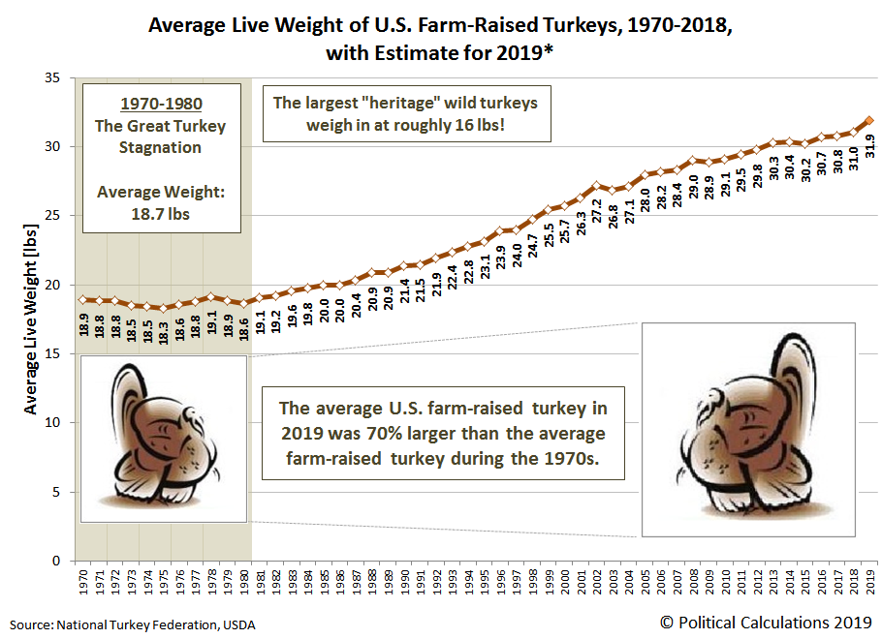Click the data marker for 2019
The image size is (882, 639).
pyautogui.click(x=869, y=121)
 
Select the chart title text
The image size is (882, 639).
pyautogui.click(x=440, y=38)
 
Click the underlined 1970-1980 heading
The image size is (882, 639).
pyautogui.click(x=161, y=105)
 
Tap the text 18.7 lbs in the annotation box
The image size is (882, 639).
pyautogui.click(x=161, y=213)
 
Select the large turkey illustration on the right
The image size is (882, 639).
pyautogui.click(x=747, y=429)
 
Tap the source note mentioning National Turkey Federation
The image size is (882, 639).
pyautogui.click(x=133, y=624)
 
